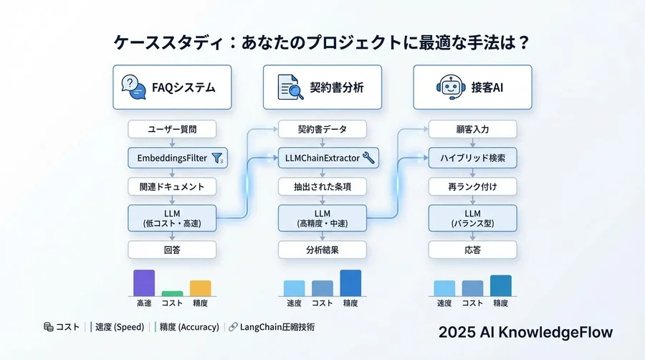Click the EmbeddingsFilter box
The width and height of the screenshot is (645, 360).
(x=172, y=158)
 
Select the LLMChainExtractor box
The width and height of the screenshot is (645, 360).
(x=322, y=158)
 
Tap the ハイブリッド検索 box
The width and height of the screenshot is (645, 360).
(x=473, y=158)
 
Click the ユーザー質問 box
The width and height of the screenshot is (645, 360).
(x=172, y=130)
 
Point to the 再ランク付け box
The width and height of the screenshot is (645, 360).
(x=473, y=186)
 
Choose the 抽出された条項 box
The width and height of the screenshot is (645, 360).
(x=322, y=186)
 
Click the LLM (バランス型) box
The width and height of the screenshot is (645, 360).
(x=473, y=217)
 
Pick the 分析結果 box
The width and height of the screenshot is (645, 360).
(x=322, y=250)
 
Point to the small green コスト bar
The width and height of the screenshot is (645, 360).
(x=172, y=293)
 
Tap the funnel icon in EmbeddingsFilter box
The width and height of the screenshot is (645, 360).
(x=219, y=158)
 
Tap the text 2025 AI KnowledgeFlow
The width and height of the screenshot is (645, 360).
(x=525, y=333)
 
